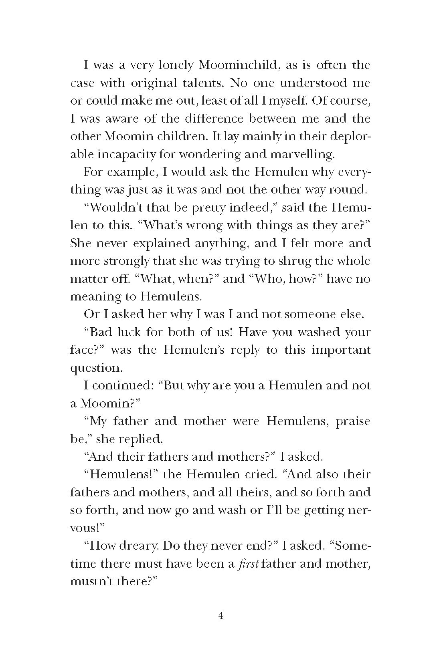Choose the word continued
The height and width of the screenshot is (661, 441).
(x=121, y=385)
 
